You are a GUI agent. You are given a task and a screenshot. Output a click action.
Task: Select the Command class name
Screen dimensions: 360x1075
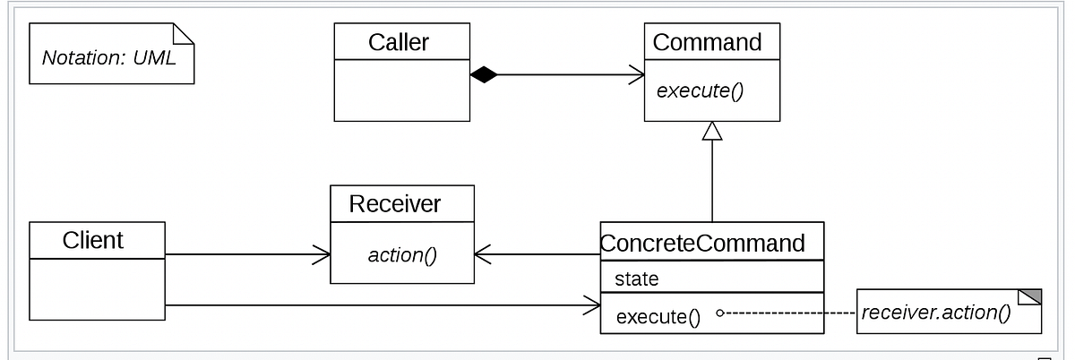tap(707, 42)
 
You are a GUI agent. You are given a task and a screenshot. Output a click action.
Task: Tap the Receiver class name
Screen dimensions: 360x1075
tap(394, 204)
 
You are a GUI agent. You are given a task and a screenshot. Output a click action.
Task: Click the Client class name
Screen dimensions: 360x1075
tap(92, 240)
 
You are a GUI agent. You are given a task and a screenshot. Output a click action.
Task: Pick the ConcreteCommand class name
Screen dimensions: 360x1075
tap(702, 243)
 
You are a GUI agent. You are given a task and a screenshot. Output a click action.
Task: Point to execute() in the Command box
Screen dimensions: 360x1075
tap(700, 90)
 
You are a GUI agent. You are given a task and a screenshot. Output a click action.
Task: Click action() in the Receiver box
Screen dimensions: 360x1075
tap(401, 255)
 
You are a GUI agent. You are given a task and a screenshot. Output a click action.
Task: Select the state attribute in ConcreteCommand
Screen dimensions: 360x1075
tap(636, 279)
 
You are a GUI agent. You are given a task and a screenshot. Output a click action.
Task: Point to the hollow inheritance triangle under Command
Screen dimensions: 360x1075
tap(712, 132)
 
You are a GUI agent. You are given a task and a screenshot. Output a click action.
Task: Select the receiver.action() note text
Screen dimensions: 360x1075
tap(935, 313)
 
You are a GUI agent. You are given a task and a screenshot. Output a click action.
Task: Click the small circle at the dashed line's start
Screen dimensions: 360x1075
tap(719, 313)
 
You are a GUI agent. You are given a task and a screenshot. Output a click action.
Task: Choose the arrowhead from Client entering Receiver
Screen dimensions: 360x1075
tap(322, 255)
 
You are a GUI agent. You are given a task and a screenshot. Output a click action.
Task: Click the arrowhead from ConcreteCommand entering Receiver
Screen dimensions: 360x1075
tap(483, 255)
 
